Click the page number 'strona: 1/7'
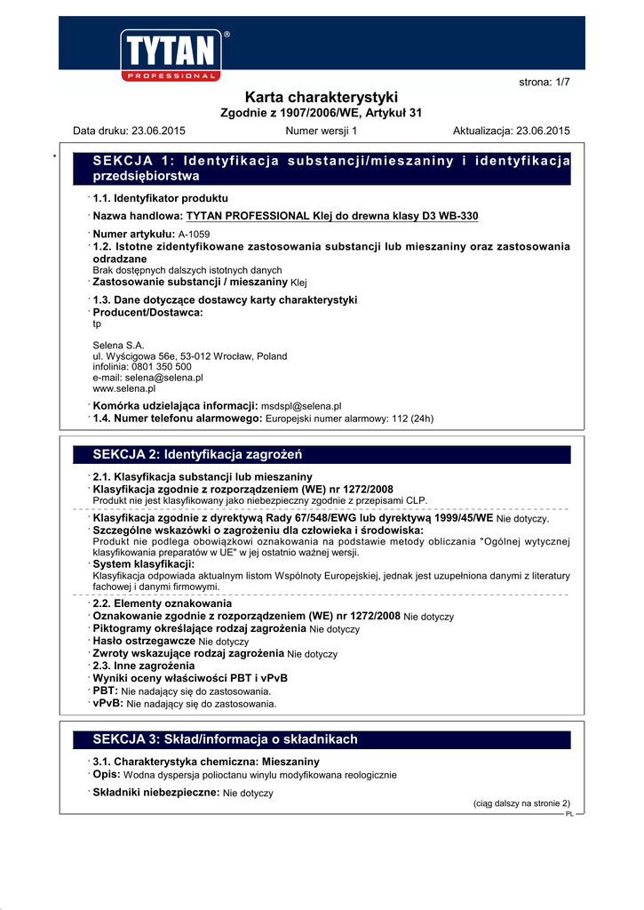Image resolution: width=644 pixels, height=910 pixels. tap(545, 82)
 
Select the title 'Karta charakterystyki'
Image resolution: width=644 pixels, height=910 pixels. tap(321, 97)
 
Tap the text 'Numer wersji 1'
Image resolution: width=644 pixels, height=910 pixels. tap(321, 131)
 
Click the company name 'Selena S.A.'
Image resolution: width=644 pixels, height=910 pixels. tap(118, 345)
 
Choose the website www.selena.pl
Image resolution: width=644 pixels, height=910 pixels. tap(124, 388)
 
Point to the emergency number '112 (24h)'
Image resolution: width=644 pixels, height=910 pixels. tap(411, 418)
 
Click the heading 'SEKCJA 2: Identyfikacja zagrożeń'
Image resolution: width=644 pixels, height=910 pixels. tap(198, 455)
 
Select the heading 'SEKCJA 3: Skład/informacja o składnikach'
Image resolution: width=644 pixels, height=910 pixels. tap(225, 739)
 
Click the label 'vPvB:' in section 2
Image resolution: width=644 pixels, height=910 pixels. tap(108, 703)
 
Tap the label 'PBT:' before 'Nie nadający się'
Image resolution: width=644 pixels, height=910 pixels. tap(106, 690)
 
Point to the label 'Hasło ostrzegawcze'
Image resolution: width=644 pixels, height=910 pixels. tap(144, 641)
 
